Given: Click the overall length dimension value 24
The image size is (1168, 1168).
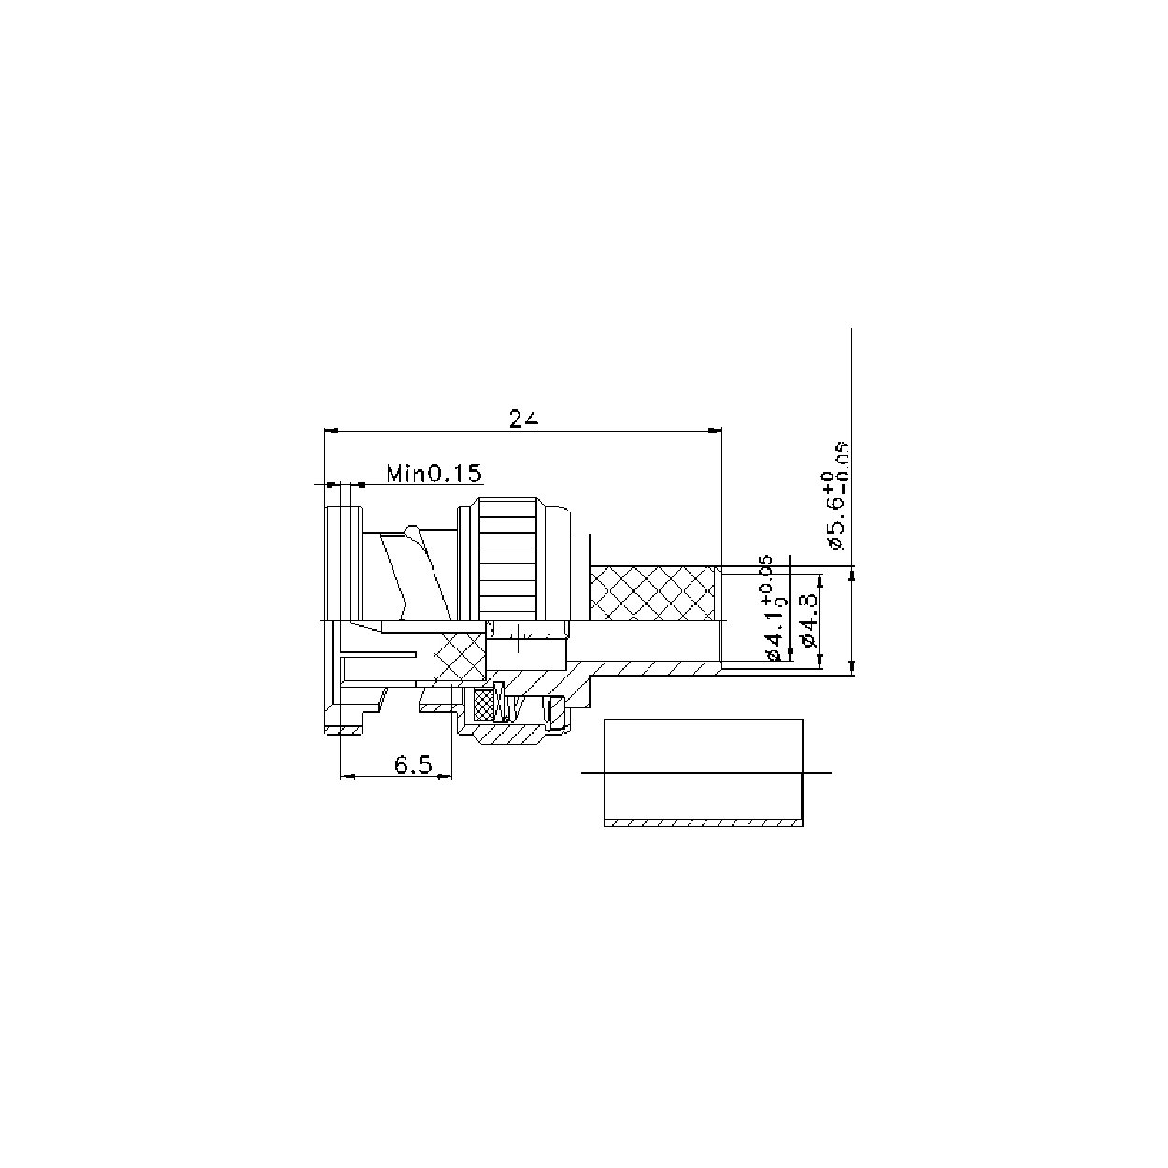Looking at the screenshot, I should coord(523,418).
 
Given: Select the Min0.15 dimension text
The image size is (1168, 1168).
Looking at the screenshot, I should coord(434,474).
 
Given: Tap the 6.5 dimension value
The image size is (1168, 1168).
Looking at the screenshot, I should coord(412,765).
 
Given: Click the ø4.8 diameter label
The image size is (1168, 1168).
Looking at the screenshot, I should coord(809,621).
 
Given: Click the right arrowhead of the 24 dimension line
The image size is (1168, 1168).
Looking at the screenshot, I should coord(717,431).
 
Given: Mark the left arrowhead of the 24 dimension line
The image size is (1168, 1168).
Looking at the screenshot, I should coord(329,431).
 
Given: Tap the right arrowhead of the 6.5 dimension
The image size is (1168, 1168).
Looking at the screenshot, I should coord(447,776).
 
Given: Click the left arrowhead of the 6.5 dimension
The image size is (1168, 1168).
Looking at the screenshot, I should coord(346,776).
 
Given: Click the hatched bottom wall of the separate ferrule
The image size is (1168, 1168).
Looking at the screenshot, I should coord(703,824).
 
